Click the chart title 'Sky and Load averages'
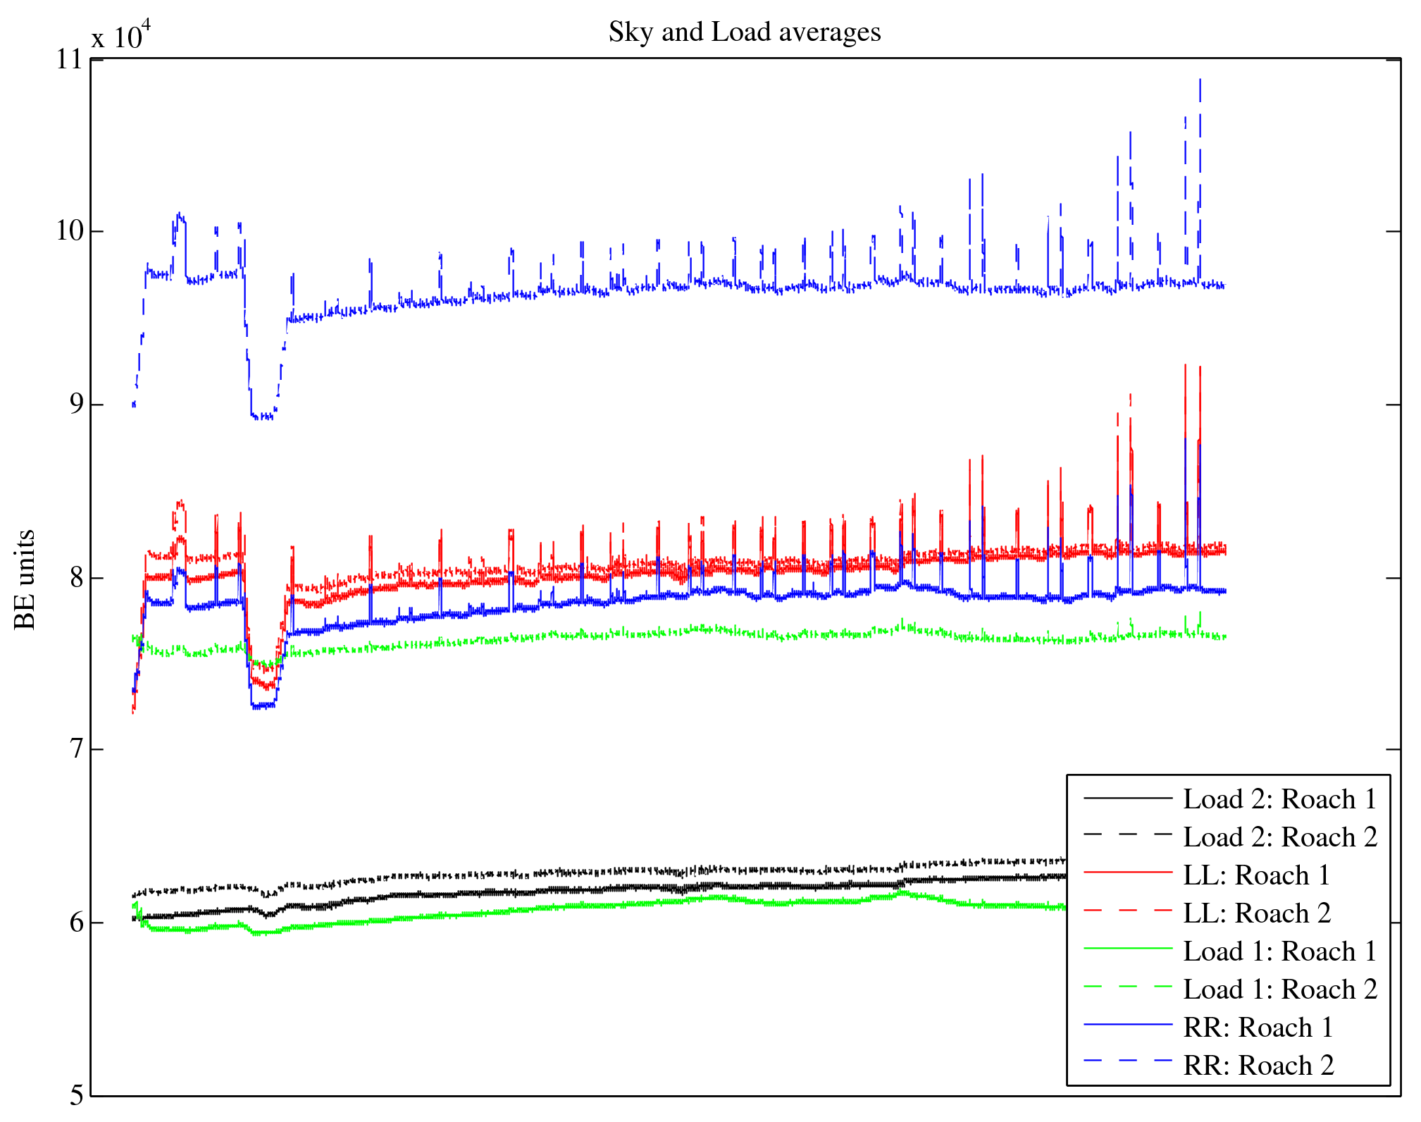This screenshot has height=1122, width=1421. point(744,32)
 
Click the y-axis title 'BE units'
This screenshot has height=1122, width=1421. point(25,579)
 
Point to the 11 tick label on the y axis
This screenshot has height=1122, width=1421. point(70,59)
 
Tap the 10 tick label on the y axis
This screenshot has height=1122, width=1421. point(70,231)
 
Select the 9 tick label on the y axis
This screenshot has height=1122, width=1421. point(75,405)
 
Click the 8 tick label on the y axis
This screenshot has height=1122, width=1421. point(75,578)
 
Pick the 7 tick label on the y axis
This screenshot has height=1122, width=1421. point(75,750)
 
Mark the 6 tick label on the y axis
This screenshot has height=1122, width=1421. point(75,923)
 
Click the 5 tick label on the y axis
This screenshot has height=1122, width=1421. point(75,1095)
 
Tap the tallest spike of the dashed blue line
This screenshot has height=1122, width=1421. point(1200,81)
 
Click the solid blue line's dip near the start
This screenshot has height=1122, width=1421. point(263,705)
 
